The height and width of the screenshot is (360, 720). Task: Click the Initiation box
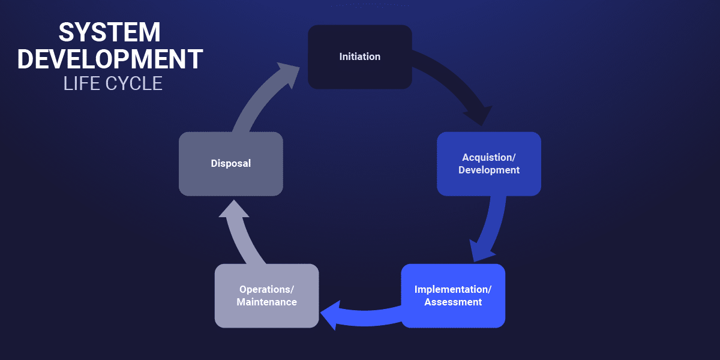point(360,57)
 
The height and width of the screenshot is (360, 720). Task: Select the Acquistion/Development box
point(489,164)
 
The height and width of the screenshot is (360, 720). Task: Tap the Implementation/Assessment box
point(453,296)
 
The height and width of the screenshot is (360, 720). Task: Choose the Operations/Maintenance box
point(266,296)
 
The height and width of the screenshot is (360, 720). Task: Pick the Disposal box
point(231,163)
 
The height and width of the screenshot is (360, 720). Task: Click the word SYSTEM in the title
point(109,34)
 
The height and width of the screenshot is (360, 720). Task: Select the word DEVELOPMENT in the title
point(110,59)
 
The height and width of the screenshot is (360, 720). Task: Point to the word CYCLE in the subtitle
point(134,83)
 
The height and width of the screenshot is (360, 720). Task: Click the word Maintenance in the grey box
point(266,302)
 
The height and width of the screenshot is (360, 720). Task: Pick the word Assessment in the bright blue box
point(453,302)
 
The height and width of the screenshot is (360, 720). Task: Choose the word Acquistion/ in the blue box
point(489,157)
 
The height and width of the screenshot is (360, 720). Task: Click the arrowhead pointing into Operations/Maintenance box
point(330,316)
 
